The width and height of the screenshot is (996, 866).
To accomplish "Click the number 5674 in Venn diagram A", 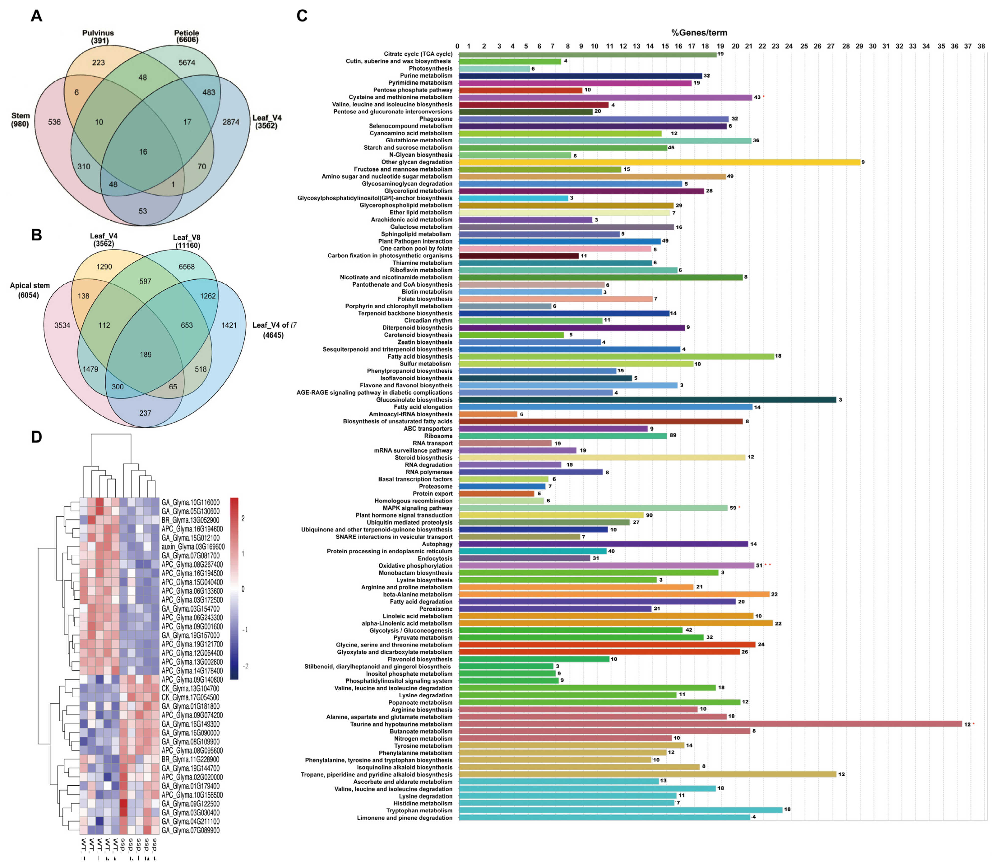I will [187, 62].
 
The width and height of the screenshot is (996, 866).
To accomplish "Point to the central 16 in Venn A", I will [143, 152].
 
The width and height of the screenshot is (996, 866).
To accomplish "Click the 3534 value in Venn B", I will [62, 325].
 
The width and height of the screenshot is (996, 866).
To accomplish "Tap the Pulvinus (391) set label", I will [98, 37].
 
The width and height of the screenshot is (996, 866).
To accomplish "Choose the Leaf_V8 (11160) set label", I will [186, 241].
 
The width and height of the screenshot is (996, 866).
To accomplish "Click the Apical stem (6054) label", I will [30, 290].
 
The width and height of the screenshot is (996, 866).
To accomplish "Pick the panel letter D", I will [36, 437].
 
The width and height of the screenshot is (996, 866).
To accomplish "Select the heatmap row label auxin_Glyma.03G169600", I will [193, 547].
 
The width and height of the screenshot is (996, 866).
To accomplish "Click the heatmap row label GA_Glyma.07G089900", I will [190, 830].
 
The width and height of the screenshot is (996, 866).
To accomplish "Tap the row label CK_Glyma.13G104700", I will [190, 689].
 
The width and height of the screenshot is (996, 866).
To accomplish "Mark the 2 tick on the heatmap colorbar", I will [243, 518].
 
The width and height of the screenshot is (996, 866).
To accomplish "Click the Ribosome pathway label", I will [438, 436].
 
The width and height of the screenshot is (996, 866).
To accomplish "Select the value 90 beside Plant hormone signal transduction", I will [649, 515].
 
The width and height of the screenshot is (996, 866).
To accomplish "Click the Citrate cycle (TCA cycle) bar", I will [587, 54].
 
